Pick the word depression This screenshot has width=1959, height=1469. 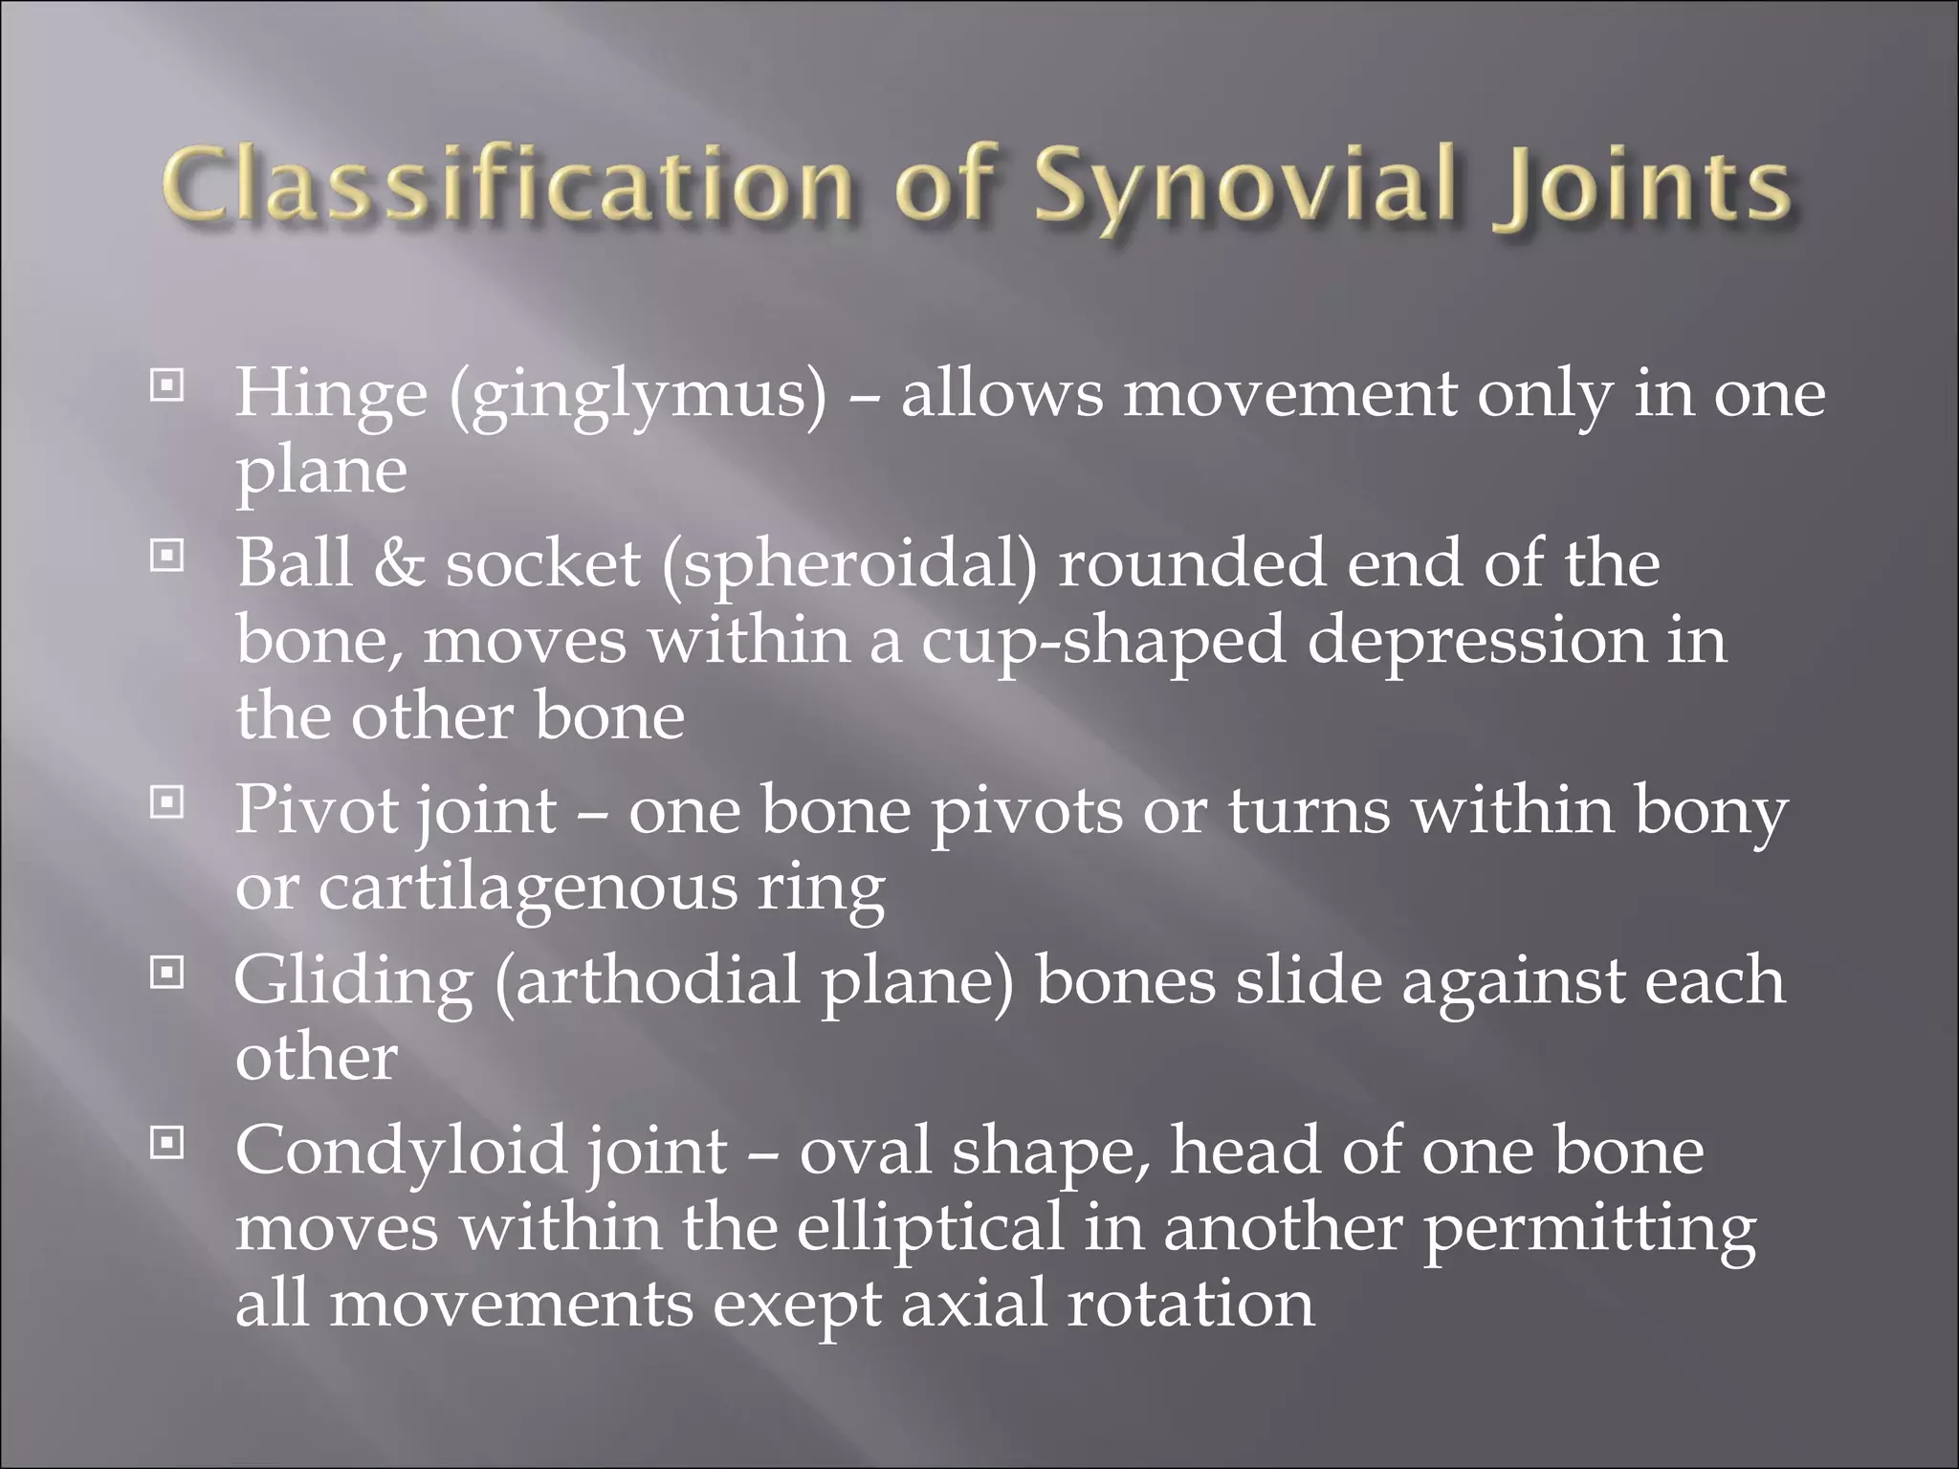tap(1477, 640)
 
